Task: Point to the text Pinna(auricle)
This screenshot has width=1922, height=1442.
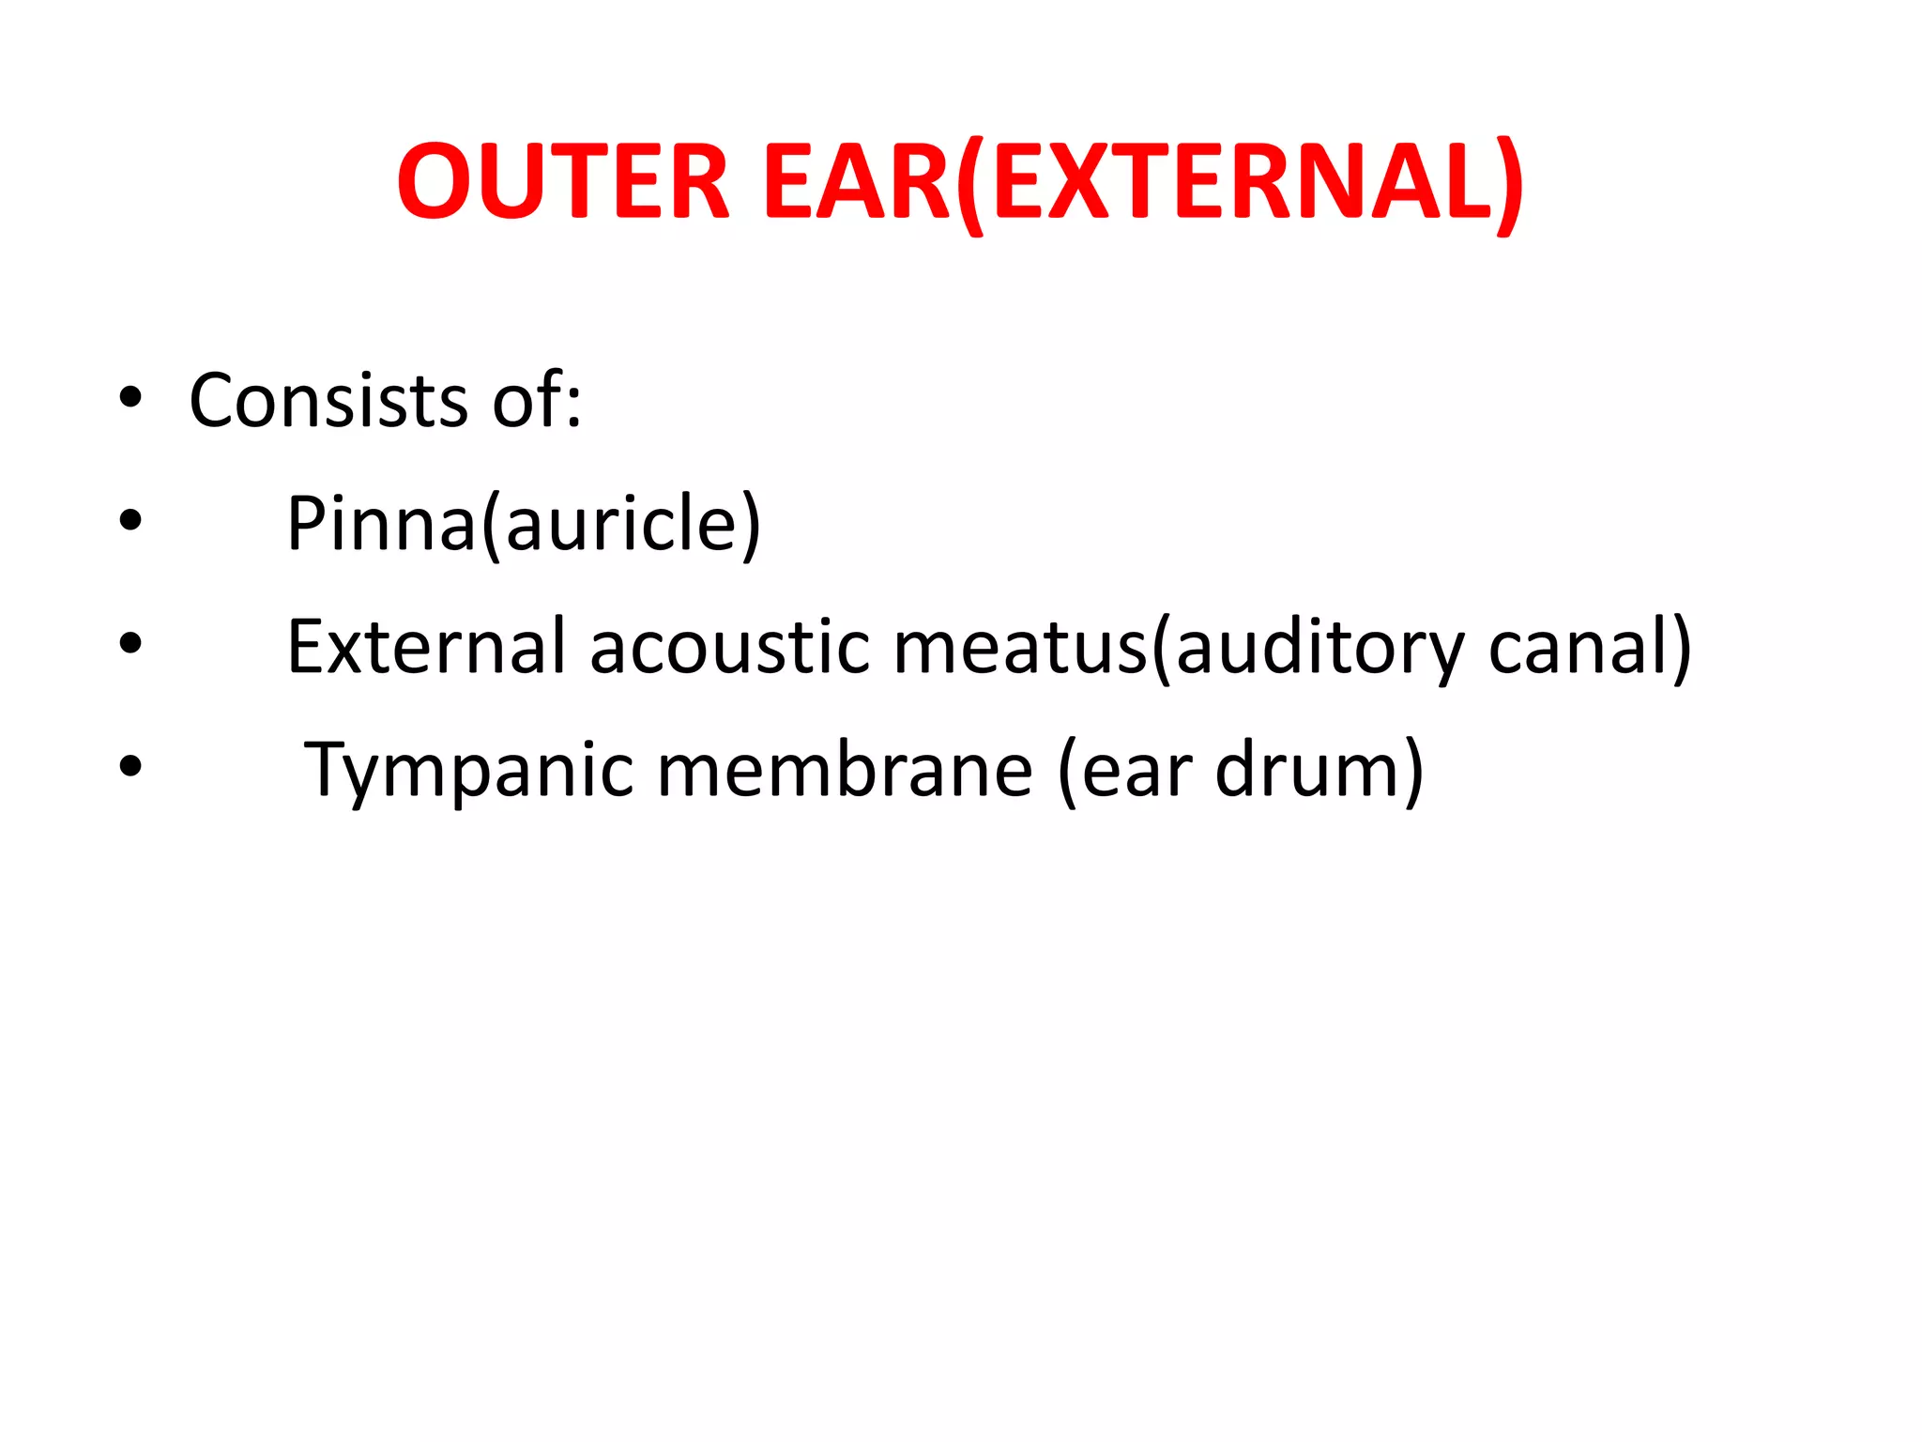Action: pos(523,524)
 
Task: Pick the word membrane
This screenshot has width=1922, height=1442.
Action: pos(845,770)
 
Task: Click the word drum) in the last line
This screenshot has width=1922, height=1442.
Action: pos(1319,770)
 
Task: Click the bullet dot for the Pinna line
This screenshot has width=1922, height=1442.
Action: pos(130,520)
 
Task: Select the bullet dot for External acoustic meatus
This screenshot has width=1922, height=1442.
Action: pos(130,643)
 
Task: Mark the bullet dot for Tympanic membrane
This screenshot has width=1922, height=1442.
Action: pos(130,766)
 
